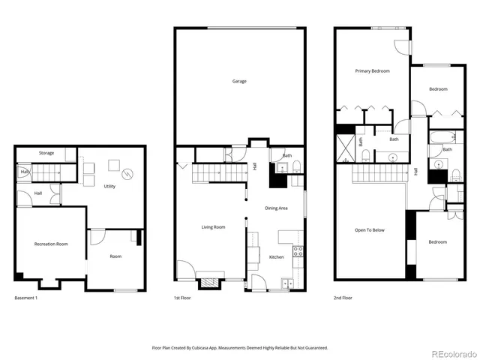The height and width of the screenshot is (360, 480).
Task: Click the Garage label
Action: [239, 81]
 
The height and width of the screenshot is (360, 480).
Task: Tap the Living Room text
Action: [213, 227]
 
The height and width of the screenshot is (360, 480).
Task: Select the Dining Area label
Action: [277, 208]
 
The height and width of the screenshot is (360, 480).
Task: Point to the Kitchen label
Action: [277, 257]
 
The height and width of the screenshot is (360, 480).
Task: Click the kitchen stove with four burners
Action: [298, 251]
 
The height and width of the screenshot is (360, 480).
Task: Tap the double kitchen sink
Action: [287, 283]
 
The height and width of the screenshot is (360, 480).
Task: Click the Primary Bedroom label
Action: [372, 70]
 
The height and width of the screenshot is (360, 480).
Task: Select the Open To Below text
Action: [369, 230]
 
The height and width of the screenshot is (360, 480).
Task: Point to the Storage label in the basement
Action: [46, 153]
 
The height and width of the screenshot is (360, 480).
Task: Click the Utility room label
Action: [109, 186]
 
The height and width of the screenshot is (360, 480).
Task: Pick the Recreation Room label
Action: [51, 244]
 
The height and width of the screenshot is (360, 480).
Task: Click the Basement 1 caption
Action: [26, 298]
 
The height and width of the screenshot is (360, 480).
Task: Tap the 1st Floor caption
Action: [182, 298]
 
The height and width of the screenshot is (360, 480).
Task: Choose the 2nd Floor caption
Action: [343, 298]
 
